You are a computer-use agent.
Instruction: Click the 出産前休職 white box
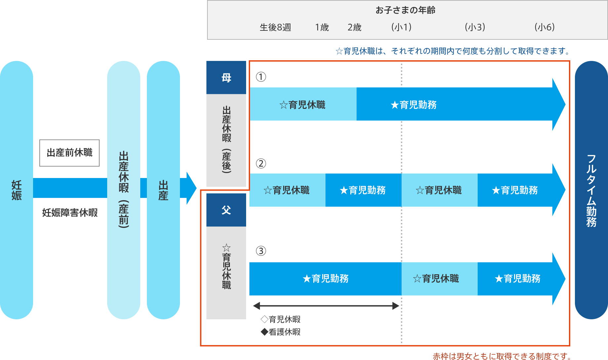69,153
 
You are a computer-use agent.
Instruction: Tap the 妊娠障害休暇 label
70,213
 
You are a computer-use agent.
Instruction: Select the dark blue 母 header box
226,78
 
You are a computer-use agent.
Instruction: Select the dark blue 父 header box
226,210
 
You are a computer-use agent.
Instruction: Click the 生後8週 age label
275,27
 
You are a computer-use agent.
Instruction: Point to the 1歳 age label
322,27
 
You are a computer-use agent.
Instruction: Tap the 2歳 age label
354,27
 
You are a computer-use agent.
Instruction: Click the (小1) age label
401,27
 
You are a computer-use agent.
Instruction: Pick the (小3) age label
475,27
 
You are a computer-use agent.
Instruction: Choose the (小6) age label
544,27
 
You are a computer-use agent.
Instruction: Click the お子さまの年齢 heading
405,10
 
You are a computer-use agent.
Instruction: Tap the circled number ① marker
261,77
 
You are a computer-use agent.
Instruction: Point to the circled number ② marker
261,164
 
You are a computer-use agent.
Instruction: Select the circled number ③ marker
261,251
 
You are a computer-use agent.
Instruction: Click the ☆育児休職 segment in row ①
303,105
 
